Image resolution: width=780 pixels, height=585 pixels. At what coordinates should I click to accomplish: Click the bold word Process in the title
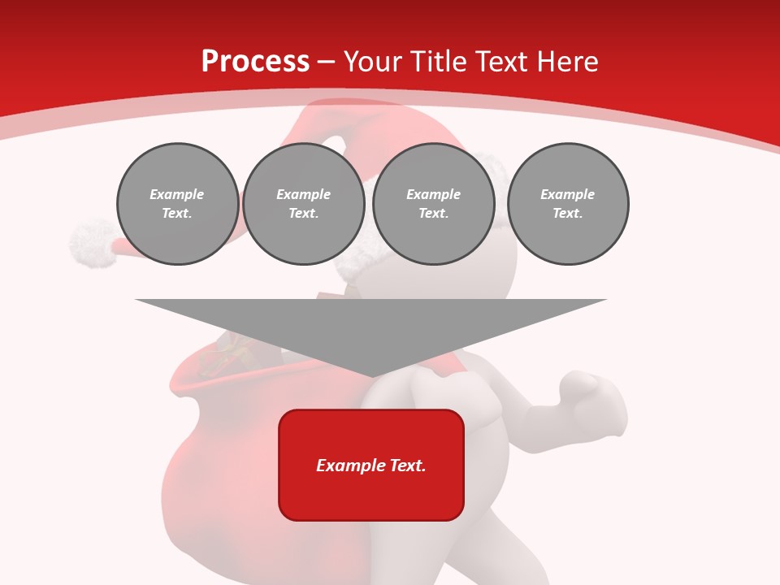coord(255,62)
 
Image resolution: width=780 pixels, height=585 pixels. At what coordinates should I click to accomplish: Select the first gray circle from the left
coord(177,204)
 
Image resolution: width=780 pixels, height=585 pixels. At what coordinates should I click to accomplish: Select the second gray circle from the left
coord(303,204)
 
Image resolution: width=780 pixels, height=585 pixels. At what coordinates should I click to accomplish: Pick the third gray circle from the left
coord(433,204)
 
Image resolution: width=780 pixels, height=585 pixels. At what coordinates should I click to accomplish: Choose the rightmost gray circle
coord(567,204)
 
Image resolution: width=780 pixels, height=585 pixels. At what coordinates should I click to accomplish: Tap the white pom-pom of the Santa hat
coord(91,240)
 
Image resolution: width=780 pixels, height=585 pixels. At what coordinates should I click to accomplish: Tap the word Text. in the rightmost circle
coord(567,214)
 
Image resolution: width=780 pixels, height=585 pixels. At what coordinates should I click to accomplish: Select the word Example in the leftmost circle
coord(177,194)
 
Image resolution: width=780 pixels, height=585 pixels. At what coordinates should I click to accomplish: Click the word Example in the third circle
coord(433,194)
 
